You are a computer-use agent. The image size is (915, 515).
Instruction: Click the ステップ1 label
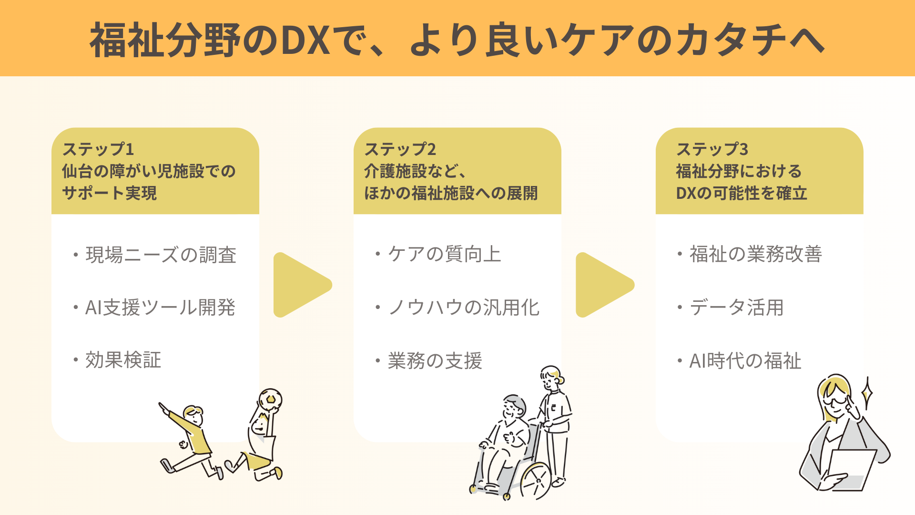98,149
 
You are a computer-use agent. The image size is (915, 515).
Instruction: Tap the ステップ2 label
400,149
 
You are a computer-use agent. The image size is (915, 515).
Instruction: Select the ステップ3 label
712,149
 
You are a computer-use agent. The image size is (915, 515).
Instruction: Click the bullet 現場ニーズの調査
161,255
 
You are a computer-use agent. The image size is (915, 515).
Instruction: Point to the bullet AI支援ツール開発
160,308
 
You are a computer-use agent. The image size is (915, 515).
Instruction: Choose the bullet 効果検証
123,360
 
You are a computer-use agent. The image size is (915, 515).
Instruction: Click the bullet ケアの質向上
444,254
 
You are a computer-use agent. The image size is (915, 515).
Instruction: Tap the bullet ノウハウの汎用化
463,308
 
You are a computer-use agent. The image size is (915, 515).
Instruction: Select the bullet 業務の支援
435,361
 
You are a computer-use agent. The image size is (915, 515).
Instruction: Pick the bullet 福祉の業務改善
755,254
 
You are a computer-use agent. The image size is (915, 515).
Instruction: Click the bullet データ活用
736,308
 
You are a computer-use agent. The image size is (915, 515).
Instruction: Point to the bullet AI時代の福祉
745,361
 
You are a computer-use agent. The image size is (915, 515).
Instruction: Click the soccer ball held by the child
270,400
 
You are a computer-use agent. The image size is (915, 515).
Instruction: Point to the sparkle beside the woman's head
868,393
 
